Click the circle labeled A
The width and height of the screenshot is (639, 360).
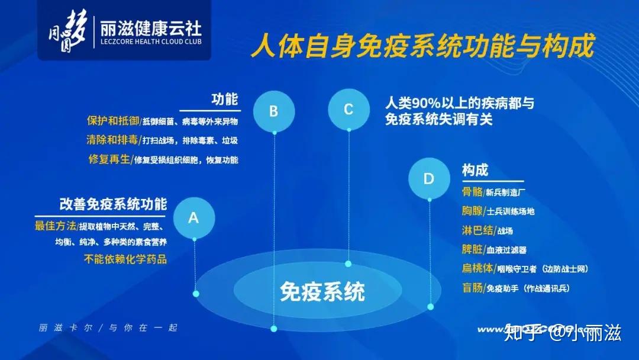click(x=193, y=218)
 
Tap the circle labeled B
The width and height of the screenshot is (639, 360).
click(x=273, y=111)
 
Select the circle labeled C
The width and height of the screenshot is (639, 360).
click(x=348, y=109)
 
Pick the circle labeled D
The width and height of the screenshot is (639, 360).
click(x=429, y=179)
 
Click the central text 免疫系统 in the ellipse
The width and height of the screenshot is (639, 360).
click(x=322, y=291)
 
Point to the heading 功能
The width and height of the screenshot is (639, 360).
click(x=225, y=99)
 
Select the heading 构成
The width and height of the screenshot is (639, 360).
click(x=475, y=170)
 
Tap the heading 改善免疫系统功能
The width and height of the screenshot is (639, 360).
click(x=113, y=204)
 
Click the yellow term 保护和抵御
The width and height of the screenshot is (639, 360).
click(x=112, y=121)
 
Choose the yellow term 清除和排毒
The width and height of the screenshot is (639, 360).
click(x=112, y=140)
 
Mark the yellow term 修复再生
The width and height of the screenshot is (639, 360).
click(x=109, y=159)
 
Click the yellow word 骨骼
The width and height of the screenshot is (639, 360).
click(x=472, y=192)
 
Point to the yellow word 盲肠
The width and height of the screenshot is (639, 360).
click(x=472, y=288)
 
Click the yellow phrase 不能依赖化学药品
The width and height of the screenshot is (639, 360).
click(x=125, y=259)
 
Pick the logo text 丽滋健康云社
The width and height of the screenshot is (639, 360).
click(x=151, y=28)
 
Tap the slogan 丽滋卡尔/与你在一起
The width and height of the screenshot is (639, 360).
click(x=108, y=327)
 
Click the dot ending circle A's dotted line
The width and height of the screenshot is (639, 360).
click(x=196, y=293)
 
